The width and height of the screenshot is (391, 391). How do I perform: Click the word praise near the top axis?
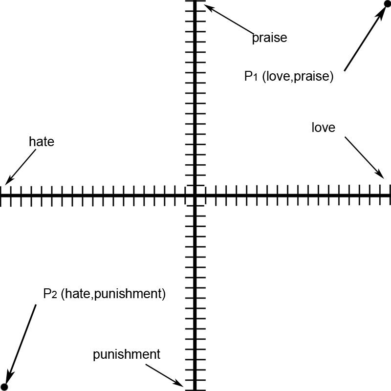tap(269, 38)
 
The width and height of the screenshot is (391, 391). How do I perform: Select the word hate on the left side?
tap(41, 142)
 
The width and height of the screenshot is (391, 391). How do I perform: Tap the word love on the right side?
tap(324, 128)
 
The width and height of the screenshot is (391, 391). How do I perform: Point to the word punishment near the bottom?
tap(127, 354)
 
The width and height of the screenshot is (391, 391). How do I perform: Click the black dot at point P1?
tap(387, 4)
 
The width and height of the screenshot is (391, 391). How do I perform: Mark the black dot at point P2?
tap(4, 387)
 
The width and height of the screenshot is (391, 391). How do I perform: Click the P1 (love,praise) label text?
tap(288, 77)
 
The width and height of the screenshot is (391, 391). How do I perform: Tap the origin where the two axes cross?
tap(195, 195)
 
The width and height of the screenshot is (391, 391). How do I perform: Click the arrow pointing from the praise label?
tap(227, 19)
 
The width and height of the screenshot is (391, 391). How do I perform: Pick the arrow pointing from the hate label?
tap(21, 167)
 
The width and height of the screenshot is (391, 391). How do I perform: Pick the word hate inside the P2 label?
tap(77, 294)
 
